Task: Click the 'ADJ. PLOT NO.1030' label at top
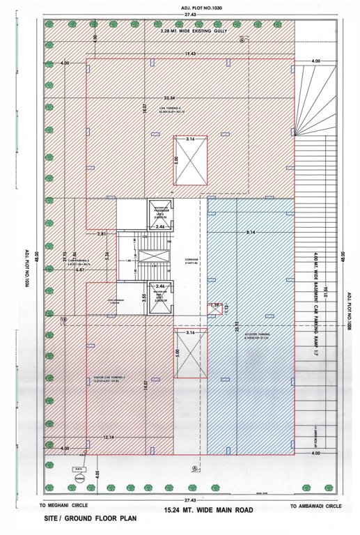point(179,6)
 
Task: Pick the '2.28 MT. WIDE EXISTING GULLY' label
point(190,32)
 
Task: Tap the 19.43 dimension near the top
point(190,54)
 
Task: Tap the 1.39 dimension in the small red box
point(214,305)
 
